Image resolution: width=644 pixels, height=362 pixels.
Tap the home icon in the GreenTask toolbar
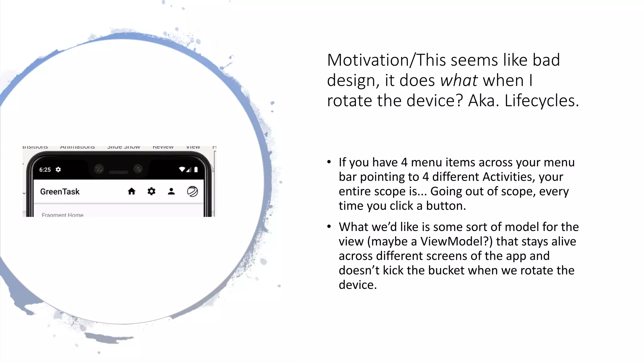tap(131, 191)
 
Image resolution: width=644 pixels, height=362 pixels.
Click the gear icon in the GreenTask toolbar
tap(151, 191)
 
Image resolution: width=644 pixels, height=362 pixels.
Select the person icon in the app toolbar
tap(171, 191)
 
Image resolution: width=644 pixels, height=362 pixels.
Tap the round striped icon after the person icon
tap(192, 191)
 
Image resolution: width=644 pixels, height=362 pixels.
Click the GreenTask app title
tap(60, 192)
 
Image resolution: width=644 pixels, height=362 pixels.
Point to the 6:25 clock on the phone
tap(45, 170)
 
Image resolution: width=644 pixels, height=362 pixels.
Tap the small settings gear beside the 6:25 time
tap(58, 170)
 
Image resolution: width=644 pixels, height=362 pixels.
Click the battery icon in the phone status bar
tap(196, 170)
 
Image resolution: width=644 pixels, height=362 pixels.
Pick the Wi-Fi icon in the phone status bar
tap(182, 170)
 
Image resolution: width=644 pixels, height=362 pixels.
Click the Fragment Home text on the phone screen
tap(63, 215)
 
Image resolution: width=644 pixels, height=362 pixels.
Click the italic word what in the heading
tap(459, 80)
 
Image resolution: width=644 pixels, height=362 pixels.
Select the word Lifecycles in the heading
tap(541, 101)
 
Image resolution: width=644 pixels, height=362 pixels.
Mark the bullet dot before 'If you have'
tap(329, 162)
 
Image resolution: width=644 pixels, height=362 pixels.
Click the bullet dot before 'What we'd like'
tap(329, 227)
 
